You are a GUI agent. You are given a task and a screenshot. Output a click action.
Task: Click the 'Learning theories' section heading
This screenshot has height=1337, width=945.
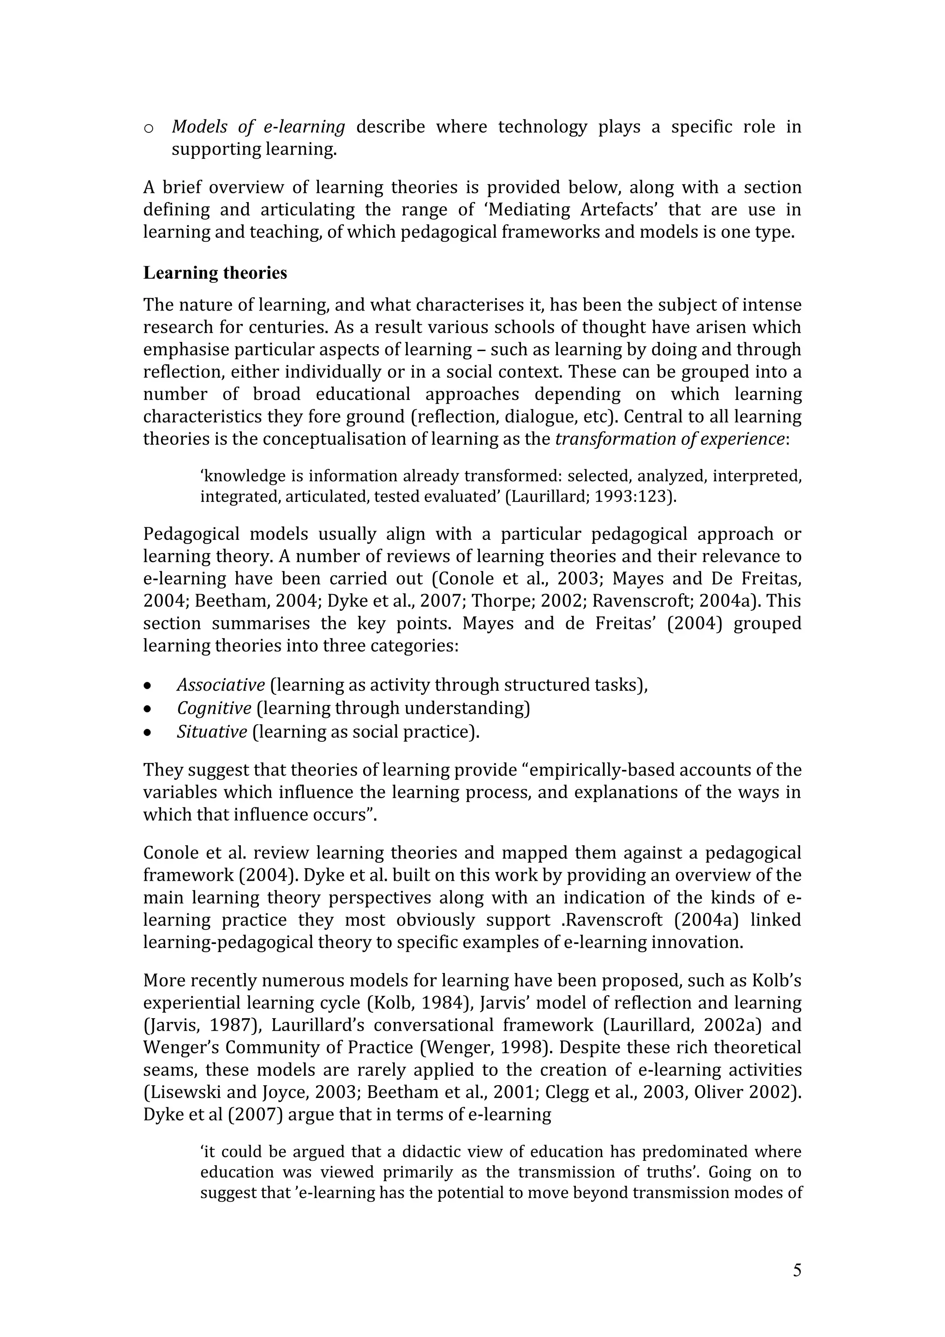(x=215, y=273)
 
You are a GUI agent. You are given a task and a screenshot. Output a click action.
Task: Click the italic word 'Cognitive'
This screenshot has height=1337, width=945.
(x=214, y=708)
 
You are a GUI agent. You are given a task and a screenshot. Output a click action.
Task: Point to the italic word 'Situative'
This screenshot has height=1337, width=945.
(x=212, y=731)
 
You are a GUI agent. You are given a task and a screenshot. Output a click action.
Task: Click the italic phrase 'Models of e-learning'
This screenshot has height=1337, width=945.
(x=258, y=126)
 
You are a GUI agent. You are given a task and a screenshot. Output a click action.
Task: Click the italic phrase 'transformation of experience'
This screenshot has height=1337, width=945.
(x=670, y=439)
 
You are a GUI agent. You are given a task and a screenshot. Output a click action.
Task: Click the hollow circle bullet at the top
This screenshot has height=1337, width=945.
(x=149, y=128)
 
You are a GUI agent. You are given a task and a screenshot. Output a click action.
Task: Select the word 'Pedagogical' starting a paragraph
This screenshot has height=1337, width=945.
(x=191, y=534)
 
